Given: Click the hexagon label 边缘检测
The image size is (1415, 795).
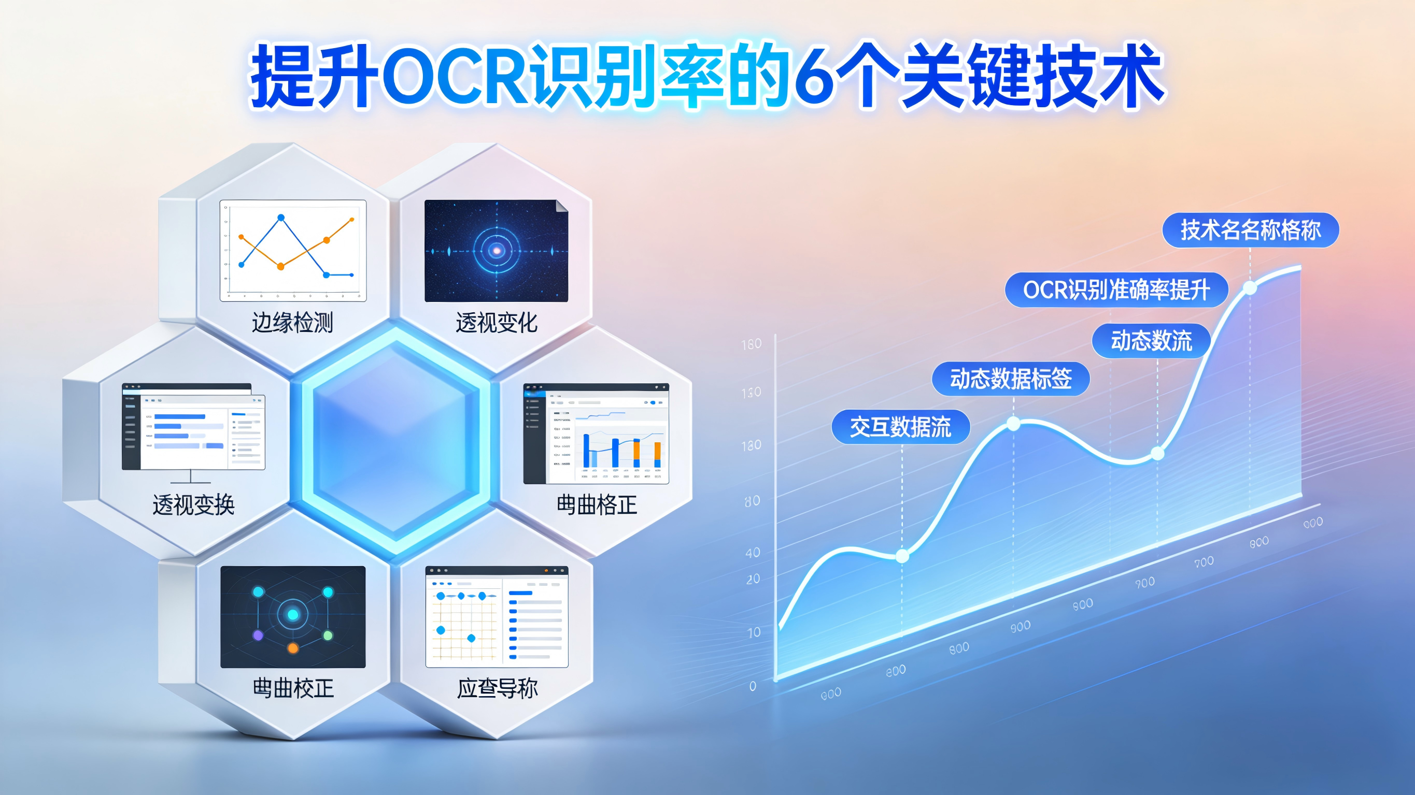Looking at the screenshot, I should coord(292,322).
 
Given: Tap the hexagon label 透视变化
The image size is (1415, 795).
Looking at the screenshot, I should coord(496,322).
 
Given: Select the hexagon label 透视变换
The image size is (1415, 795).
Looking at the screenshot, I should coord(193,504).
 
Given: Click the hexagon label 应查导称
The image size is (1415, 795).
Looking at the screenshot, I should coord(497,688).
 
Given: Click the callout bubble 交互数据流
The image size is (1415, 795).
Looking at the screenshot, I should coord(900,427).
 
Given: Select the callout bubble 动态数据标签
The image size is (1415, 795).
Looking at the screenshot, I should coord(1011,379).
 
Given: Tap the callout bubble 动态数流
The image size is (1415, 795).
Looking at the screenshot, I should coord(1151,341).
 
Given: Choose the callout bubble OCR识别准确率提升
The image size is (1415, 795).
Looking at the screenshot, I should coord(1116,290).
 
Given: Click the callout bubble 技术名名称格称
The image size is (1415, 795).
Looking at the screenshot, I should coord(1251,229).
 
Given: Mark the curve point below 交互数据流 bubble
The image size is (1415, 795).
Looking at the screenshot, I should coord(902,556).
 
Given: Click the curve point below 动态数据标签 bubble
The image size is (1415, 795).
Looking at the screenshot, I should coord(1013,424).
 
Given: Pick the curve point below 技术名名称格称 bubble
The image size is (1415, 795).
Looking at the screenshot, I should coord(1250,287).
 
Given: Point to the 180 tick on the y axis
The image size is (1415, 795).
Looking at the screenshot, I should coord(752,344).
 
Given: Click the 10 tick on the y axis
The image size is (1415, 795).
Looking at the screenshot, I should coord(754,632).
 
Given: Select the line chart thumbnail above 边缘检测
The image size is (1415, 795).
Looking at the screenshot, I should coord(293,250).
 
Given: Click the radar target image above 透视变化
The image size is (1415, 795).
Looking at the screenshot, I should coord(496,250).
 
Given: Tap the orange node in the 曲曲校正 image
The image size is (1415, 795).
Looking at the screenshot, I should coord(293,648).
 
